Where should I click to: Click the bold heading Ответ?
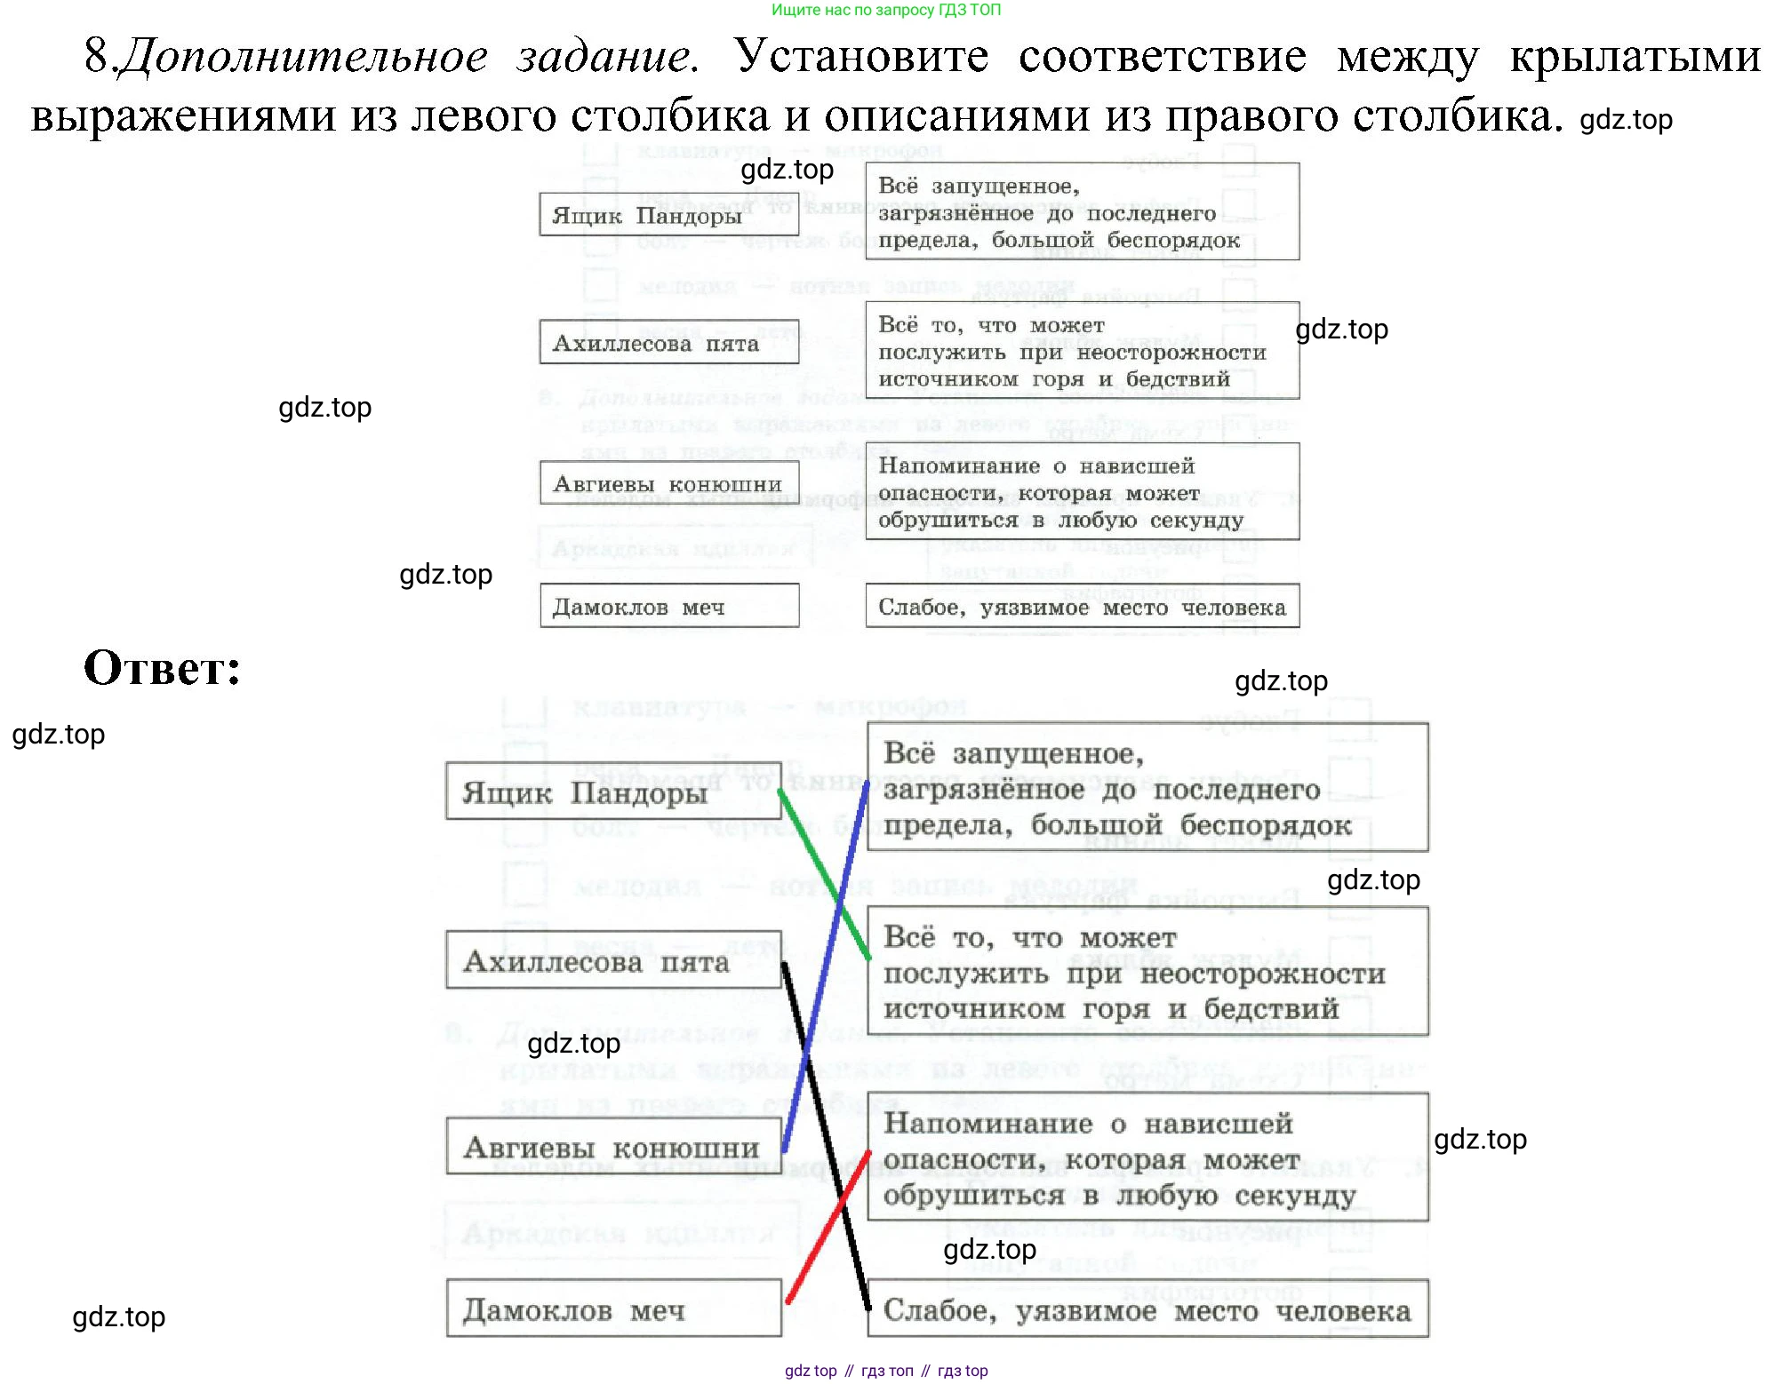click(x=162, y=668)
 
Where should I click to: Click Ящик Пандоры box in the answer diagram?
click(x=613, y=791)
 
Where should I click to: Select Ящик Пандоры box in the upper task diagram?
click(x=668, y=215)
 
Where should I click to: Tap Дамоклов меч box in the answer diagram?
click(x=613, y=1308)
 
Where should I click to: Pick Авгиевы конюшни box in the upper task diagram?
click(x=668, y=484)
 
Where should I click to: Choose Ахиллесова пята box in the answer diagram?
click(x=613, y=961)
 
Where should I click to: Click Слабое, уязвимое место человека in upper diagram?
click(x=1082, y=608)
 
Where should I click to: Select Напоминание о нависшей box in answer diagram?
click(x=1147, y=1158)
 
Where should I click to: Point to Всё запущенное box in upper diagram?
click(x=1082, y=212)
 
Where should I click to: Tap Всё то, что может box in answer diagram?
click(x=1147, y=973)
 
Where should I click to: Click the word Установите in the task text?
click(x=860, y=57)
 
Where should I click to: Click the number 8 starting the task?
click(x=95, y=57)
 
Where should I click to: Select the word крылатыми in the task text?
click(x=1634, y=57)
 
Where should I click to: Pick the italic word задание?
click(x=606, y=57)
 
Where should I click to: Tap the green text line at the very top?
click(x=885, y=10)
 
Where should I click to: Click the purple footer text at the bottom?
click(x=885, y=1371)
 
